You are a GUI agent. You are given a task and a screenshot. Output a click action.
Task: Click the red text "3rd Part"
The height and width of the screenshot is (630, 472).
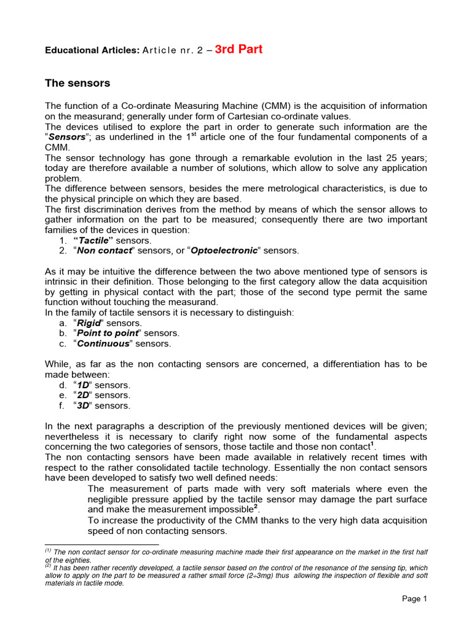[x=238, y=50]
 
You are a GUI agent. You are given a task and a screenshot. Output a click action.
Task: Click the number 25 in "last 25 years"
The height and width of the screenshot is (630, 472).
[x=380, y=157]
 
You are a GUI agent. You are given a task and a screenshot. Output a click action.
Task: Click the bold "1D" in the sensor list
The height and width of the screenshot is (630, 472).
[x=83, y=385]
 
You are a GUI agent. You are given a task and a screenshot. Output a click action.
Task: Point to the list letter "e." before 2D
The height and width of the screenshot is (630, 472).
[x=63, y=396]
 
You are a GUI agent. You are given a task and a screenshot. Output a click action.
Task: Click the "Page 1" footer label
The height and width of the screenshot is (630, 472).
[x=414, y=599]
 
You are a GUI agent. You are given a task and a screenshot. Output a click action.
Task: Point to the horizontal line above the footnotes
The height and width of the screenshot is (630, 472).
[x=102, y=544]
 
